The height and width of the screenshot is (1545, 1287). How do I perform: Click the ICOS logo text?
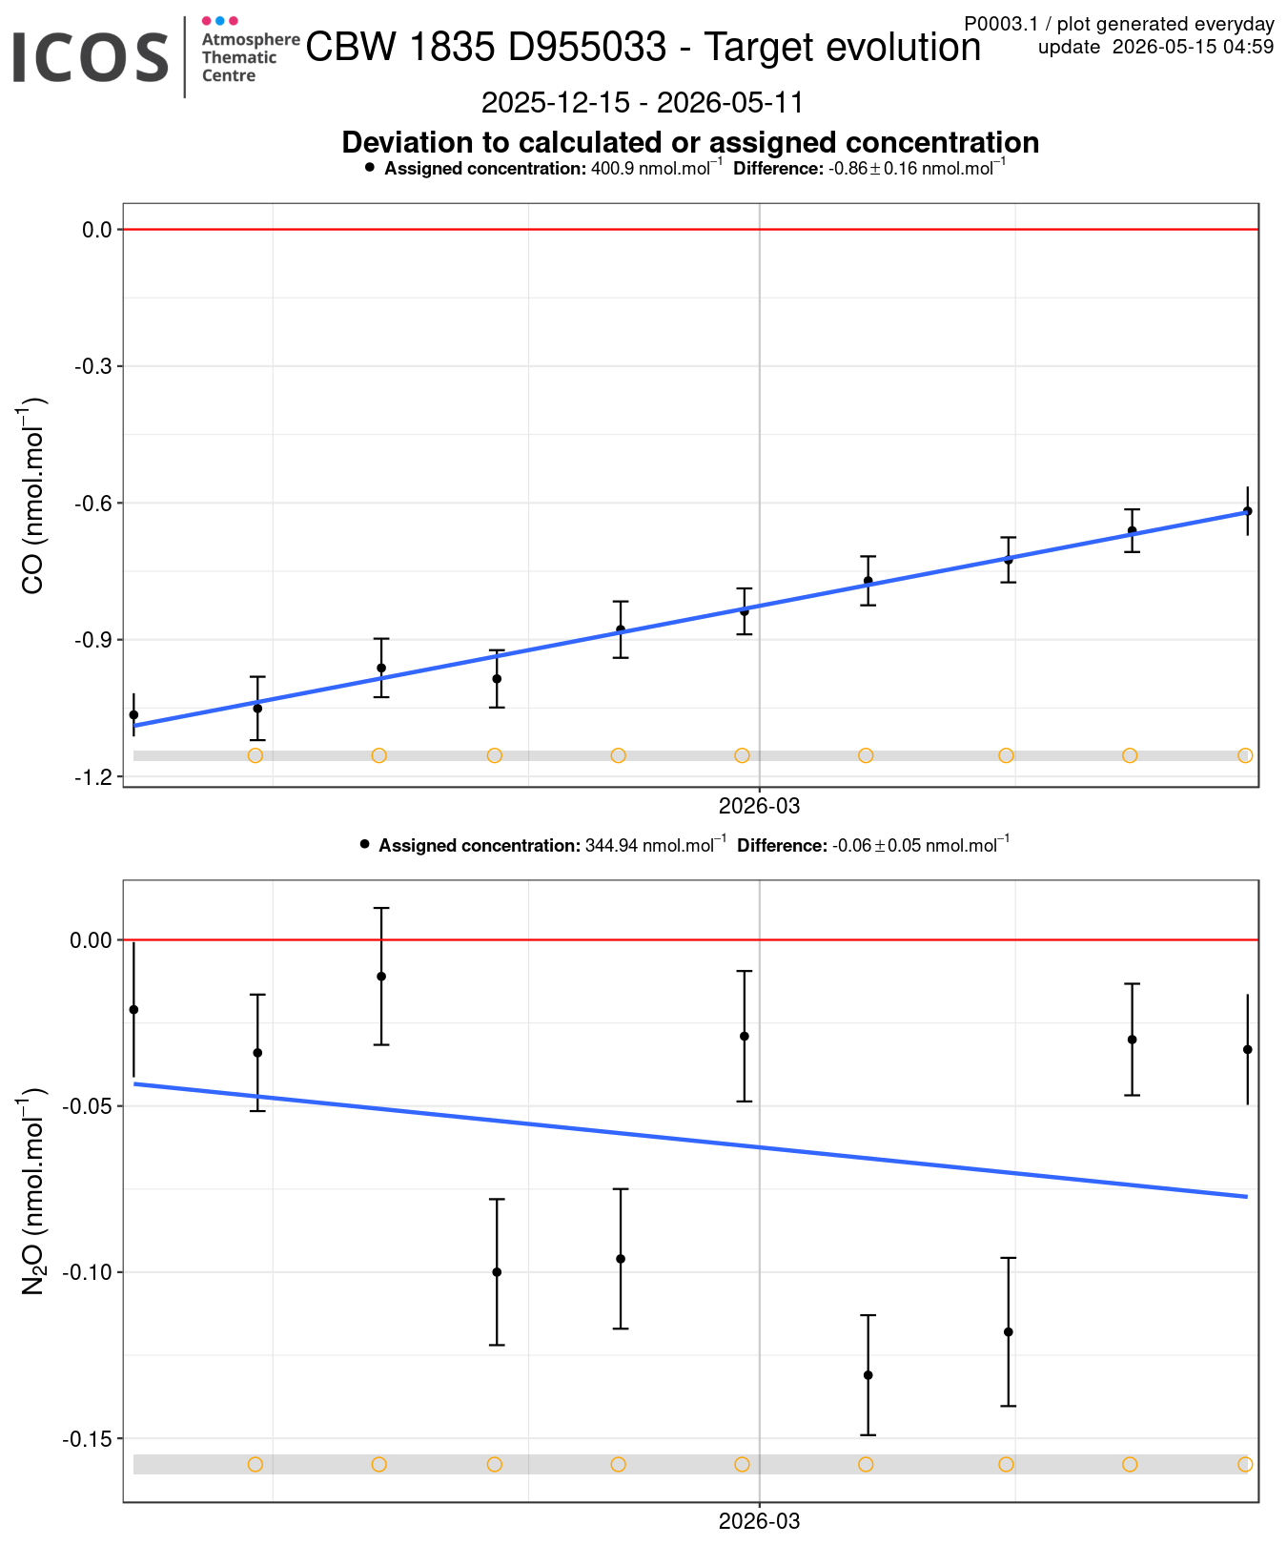coord(91,57)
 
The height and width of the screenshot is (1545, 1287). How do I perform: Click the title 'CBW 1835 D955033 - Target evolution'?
coord(643,47)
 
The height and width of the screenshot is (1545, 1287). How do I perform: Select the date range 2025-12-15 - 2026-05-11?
coord(643,102)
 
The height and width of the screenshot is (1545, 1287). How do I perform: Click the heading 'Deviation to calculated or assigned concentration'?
coord(690,142)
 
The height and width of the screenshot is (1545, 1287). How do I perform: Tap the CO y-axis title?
coord(32,496)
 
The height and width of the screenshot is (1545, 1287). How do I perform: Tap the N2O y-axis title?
coord(32,1190)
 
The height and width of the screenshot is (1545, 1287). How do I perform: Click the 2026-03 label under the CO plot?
coord(759,806)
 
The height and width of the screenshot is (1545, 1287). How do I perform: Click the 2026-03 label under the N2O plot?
coord(759,1521)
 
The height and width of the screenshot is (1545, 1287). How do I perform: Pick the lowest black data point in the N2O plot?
coord(868,1375)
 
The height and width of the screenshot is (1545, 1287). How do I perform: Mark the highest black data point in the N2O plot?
coord(381,977)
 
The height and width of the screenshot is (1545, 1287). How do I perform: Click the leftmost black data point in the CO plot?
coord(133,714)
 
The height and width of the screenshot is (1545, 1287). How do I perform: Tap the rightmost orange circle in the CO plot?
coord(1245,755)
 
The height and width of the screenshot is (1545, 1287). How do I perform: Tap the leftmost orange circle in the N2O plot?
coord(255,1464)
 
